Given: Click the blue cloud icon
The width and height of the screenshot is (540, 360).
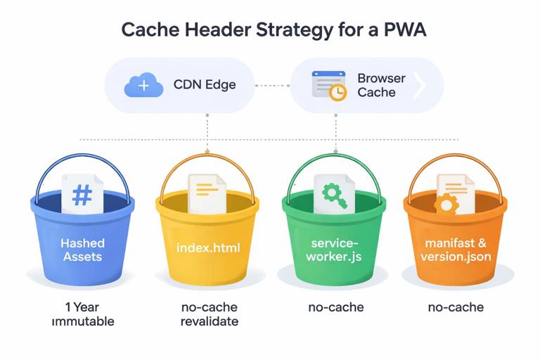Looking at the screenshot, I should (143, 86).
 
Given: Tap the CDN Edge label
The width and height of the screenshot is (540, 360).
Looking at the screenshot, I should (205, 85).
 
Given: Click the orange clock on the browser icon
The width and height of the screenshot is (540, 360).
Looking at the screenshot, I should (338, 93).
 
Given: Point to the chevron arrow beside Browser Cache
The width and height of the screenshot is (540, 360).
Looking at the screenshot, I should (420, 86).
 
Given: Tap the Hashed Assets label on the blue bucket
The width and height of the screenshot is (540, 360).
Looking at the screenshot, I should (82, 250).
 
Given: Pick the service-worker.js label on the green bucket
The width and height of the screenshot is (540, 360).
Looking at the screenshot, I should (335, 250).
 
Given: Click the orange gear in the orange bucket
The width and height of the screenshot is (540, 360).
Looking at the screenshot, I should (446, 205).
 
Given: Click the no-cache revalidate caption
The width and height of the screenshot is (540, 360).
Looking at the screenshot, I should (209, 314).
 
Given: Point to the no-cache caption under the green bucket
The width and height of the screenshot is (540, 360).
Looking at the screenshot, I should (335, 307).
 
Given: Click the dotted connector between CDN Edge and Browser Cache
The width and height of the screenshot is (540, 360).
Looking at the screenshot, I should (272, 86).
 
